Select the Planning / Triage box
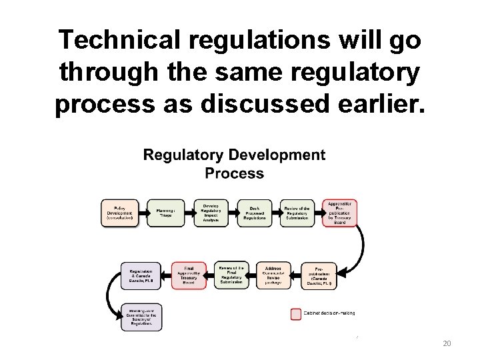click(161, 213)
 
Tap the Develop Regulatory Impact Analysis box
click(211, 213)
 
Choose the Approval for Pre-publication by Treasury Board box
click(340, 213)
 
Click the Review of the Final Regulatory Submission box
click(231, 275)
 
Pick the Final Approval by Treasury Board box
click(189, 275)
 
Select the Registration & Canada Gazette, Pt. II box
click(141, 275)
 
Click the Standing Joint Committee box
click(141, 317)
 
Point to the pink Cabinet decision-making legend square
click(295, 313)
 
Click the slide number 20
click(447, 343)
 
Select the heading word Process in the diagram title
click(234, 173)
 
